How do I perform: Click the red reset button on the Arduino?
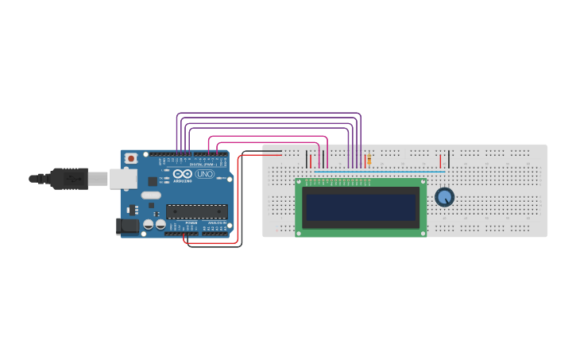[x=131, y=158]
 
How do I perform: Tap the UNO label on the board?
[x=204, y=174]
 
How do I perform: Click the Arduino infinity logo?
[x=182, y=174]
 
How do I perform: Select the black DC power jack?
[x=127, y=226]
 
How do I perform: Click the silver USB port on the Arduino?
[x=123, y=179]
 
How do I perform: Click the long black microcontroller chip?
[x=196, y=211]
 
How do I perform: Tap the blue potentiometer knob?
[x=444, y=196]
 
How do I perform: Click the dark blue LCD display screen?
[x=361, y=207]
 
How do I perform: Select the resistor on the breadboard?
[x=369, y=160]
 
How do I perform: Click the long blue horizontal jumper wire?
[x=380, y=171]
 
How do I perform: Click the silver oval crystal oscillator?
[x=151, y=195]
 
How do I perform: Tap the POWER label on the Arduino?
[x=191, y=223]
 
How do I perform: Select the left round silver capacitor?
[x=148, y=225]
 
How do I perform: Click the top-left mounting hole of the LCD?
[x=300, y=182]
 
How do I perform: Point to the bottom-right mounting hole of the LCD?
[x=423, y=233]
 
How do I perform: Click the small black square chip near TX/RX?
[x=152, y=181]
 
